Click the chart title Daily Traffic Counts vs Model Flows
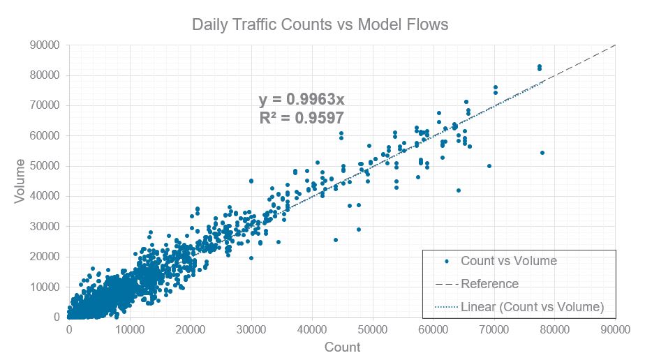point(320,25)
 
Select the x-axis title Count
point(342,347)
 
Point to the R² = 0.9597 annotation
point(301,118)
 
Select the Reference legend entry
point(489,284)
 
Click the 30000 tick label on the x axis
point(251,330)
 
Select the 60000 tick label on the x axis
point(433,330)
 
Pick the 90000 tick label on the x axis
point(616,330)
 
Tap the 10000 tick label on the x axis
point(130,330)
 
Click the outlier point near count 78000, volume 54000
point(542,153)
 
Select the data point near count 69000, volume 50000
point(489,166)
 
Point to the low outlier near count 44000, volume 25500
point(336,240)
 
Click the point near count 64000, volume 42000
point(459,190)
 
